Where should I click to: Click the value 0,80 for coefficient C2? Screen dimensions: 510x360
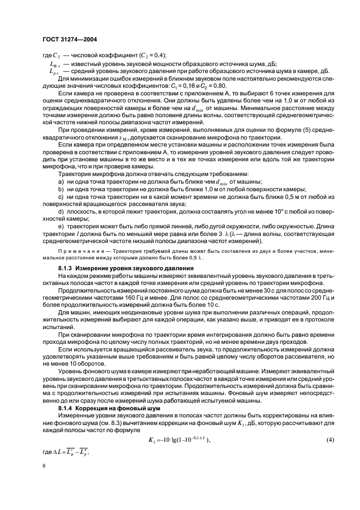click(x=219, y=86)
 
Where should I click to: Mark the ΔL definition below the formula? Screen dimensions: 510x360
click(x=71, y=451)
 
